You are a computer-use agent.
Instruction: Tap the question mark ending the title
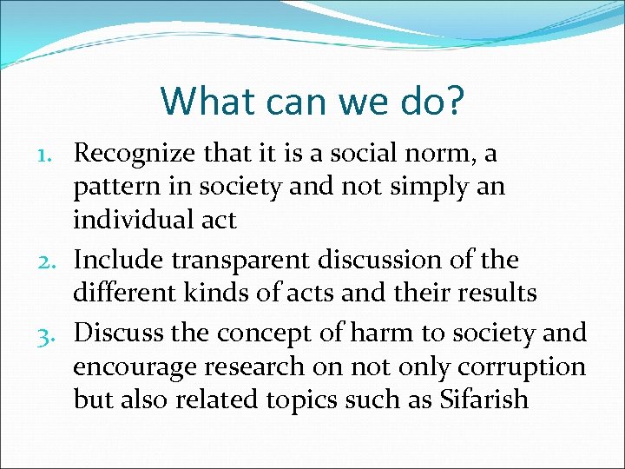(455, 101)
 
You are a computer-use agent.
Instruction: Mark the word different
(124, 294)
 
